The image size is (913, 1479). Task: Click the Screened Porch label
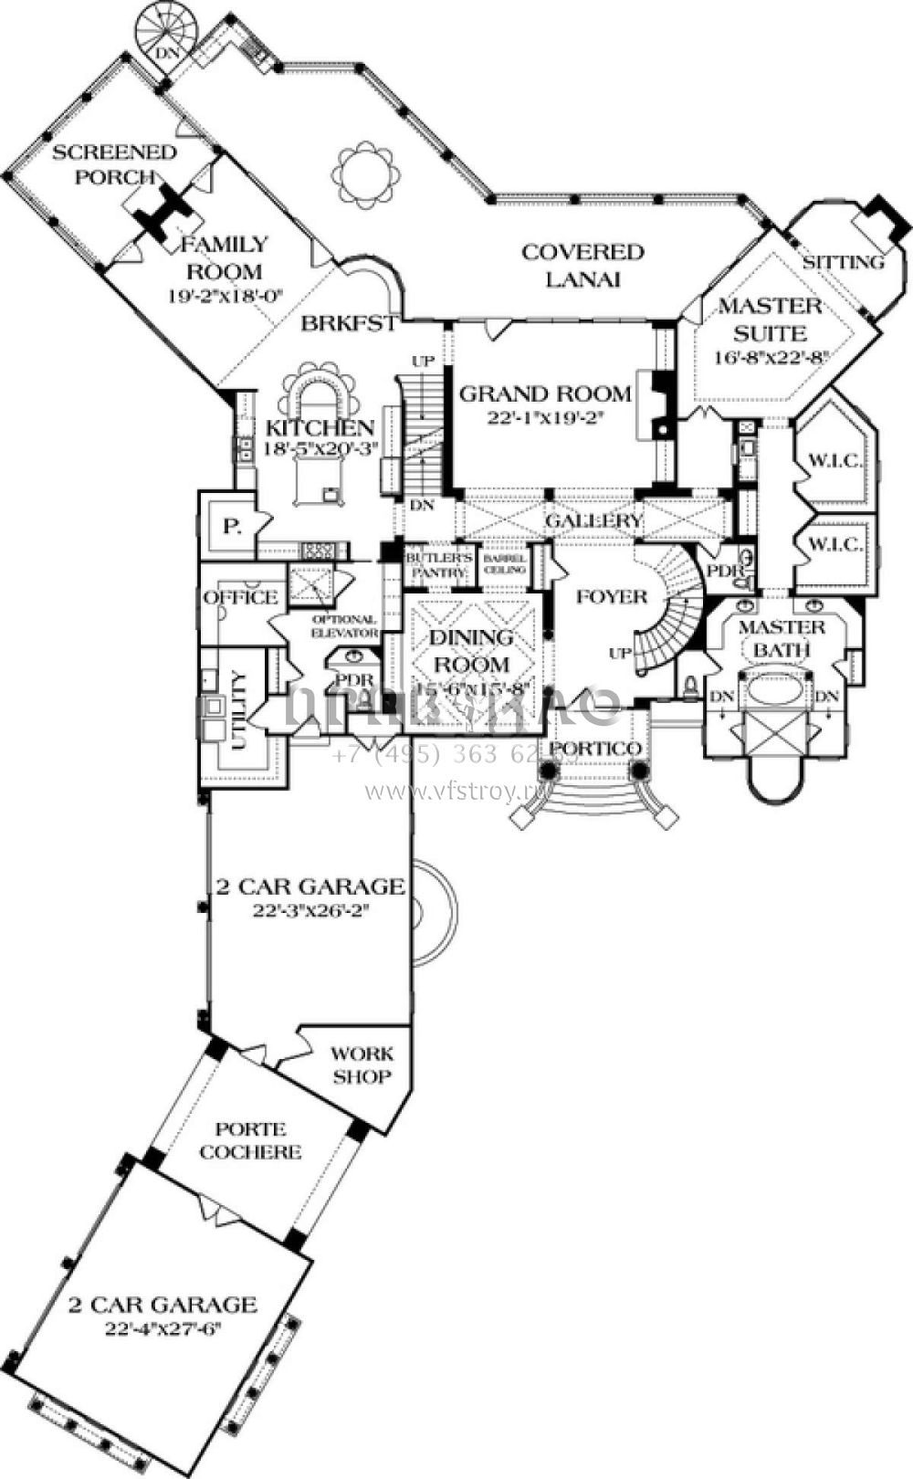coord(113,163)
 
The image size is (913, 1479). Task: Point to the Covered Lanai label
coord(582,265)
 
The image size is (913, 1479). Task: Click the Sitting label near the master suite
coord(844,263)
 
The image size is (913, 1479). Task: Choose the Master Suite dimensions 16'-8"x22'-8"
coord(771,357)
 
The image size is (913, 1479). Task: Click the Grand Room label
coord(545,393)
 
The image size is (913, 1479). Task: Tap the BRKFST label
coord(349,322)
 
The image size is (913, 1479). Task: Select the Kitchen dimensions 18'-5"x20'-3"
coord(320,448)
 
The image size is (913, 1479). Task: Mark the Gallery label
coord(594,520)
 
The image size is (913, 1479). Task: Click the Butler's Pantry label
coord(437,563)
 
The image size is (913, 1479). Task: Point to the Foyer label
coord(612,597)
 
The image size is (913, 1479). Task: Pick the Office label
coord(241,598)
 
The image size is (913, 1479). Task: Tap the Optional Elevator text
coord(344,625)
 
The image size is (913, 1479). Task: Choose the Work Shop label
coord(362,1065)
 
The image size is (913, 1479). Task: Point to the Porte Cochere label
coord(250,1140)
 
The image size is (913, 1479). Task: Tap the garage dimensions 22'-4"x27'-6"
coord(163,1327)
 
